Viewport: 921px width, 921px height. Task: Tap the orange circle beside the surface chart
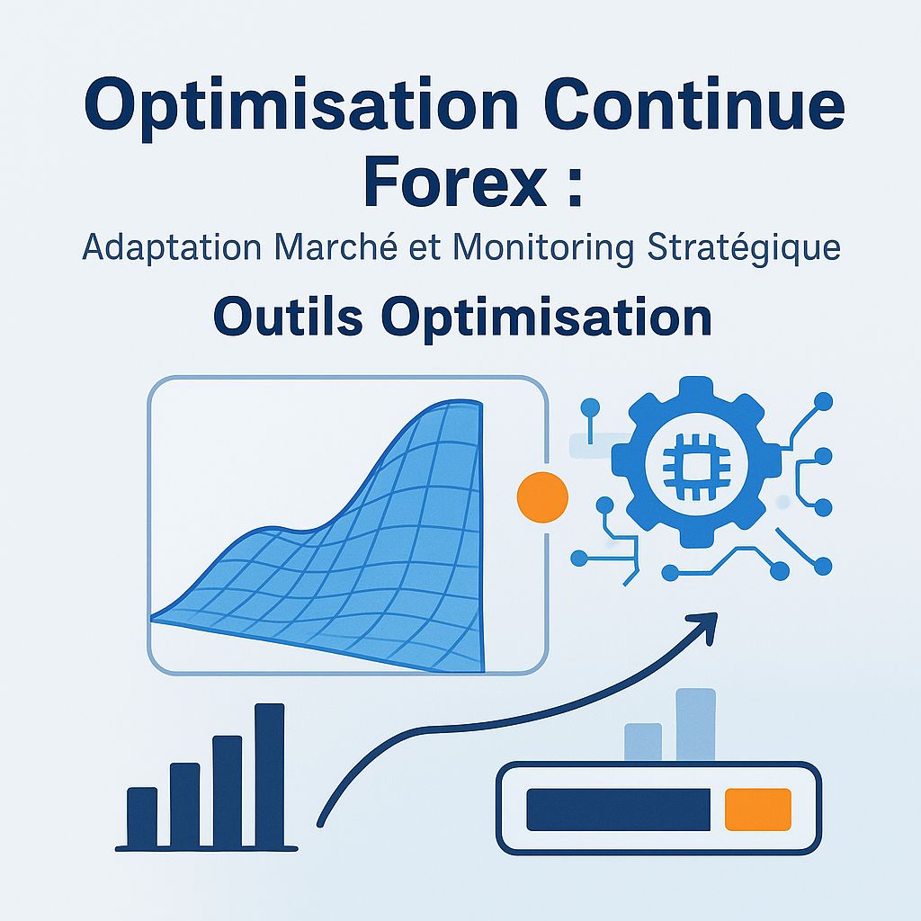pyautogui.click(x=542, y=496)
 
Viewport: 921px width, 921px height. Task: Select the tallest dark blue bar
pyautogui.click(x=269, y=775)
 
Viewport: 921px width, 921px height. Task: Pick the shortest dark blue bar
pyautogui.click(x=142, y=818)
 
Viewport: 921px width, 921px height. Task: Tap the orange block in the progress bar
pyautogui.click(x=757, y=809)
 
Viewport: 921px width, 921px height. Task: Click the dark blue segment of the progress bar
pyautogui.click(x=619, y=809)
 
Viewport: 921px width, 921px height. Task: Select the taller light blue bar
pyautogui.click(x=694, y=725)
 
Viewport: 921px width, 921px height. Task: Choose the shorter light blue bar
pyautogui.click(x=643, y=742)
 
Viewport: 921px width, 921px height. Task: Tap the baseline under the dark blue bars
pyautogui.click(x=207, y=847)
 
